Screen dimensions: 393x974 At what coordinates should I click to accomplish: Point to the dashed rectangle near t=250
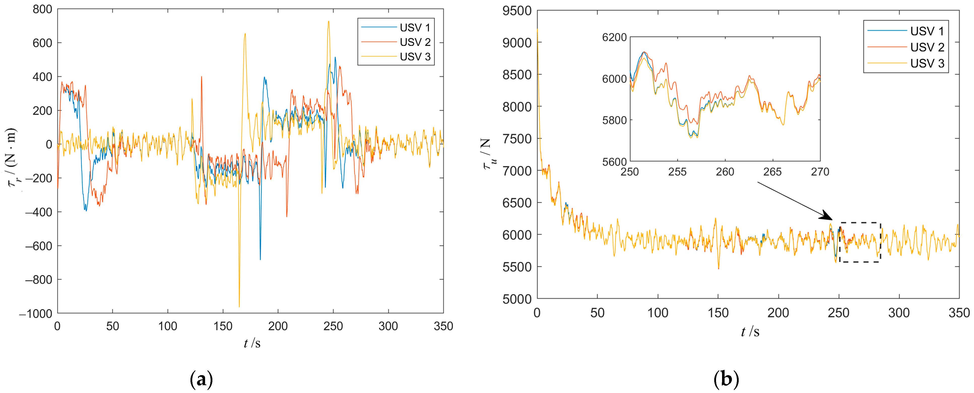pos(860,242)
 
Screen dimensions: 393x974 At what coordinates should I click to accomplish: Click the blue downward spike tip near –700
pos(260,259)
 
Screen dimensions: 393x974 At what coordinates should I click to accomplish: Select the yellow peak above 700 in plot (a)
pos(328,22)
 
